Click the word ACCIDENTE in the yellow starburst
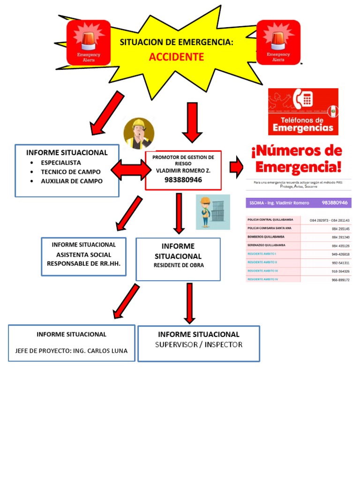click(x=176, y=57)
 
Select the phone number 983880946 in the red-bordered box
click(x=183, y=180)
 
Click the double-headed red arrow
click(x=129, y=170)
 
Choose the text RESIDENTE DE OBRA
click(x=179, y=265)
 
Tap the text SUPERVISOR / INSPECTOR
click(x=199, y=345)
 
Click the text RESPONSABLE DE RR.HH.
click(x=83, y=263)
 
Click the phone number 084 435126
click(x=341, y=246)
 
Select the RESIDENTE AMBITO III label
click(x=262, y=271)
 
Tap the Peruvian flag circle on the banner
click(x=333, y=111)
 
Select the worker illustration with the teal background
click(x=213, y=212)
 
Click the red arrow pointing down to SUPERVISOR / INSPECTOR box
click(x=189, y=302)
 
